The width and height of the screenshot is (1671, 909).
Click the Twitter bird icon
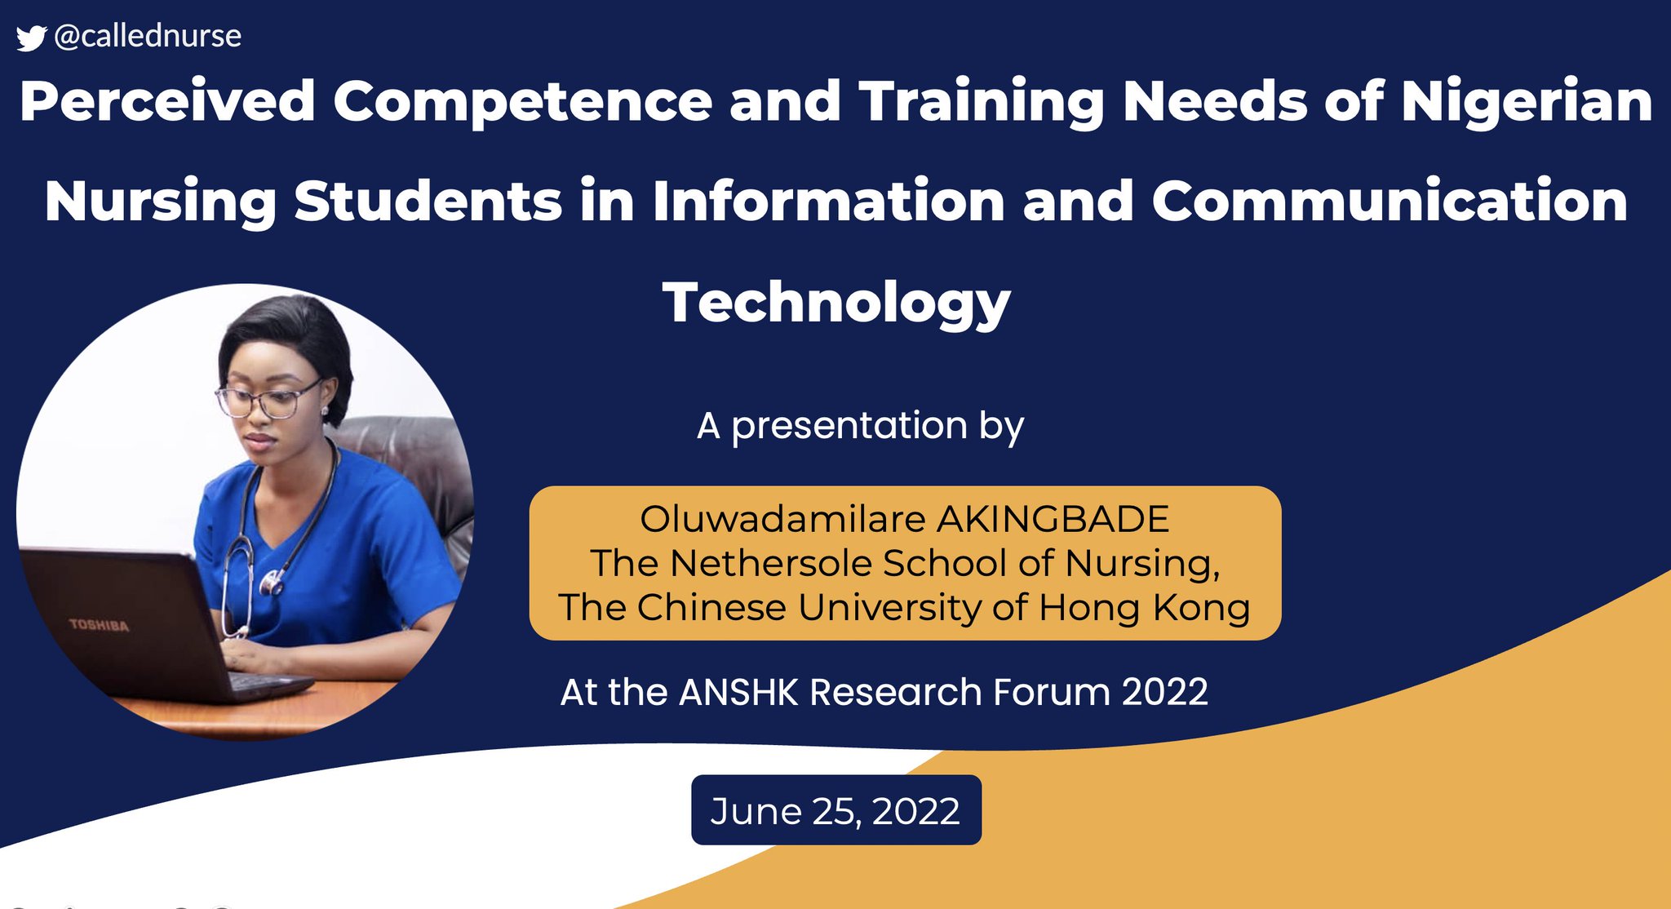click(x=31, y=38)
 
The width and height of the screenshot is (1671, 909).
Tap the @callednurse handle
click(x=148, y=36)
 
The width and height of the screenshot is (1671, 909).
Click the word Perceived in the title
click(x=167, y=102)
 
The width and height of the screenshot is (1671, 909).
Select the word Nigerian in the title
click(x=1527, y=102)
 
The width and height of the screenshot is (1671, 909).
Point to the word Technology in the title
click(x=836, y=303)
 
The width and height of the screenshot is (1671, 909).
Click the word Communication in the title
click(x=1390, y=202)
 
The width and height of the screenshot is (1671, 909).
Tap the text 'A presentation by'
click(x=860, y=426)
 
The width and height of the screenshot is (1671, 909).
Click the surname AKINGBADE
click(x=1053, y=519)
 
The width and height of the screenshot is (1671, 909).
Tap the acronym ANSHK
click(x=738, y=692)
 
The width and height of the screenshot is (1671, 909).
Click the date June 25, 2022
click(x=835, y=810)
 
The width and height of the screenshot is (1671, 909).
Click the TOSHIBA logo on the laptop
click(x=99, y=625)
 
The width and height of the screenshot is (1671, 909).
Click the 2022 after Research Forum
click(x=1164, y=692)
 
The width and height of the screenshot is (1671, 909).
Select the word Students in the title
click(x=428, y=202)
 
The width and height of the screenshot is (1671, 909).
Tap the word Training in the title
click(x=982, y=102)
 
